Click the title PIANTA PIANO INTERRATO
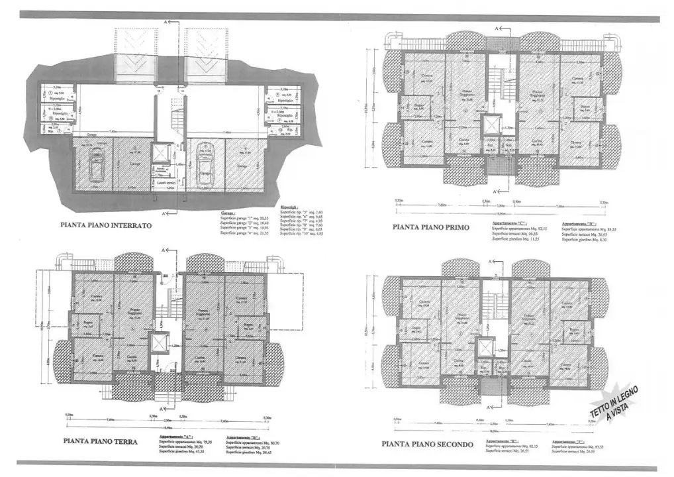[x=105, y=225]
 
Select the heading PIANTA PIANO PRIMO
[x=430, y=227]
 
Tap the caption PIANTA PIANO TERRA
[x=101, y=440]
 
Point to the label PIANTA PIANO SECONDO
[x=427, y=444]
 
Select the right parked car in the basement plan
[x=203, y=166]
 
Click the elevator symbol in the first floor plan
[x=493, y=125]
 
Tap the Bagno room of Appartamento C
[x=418, y=107]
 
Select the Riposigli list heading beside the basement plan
[x=289, y=208]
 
